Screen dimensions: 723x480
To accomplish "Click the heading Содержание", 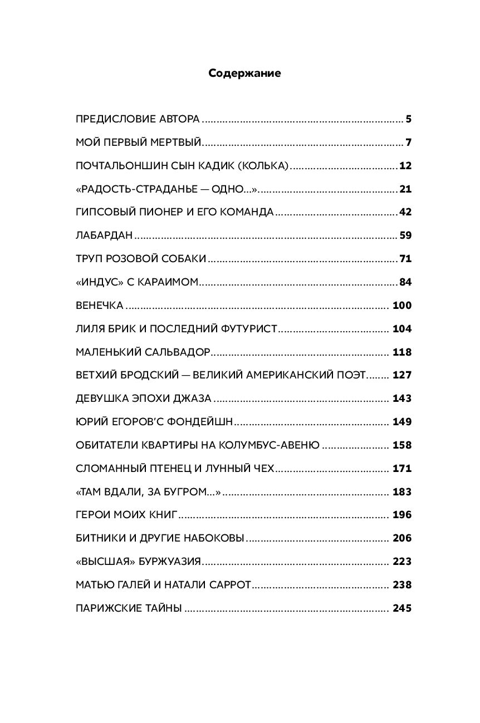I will pos(244,73).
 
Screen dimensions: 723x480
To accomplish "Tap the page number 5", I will pos(408,119).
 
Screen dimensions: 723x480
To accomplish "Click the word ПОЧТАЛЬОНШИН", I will pos(113,166).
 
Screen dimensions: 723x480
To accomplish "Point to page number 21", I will pos(405,189).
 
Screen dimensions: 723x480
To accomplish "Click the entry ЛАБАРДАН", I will pos(104,236).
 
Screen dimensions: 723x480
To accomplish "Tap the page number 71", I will pos(405,259).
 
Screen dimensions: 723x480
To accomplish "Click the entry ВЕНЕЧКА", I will pos(99,306).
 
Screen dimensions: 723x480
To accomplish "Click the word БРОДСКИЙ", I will pos(146,376).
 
